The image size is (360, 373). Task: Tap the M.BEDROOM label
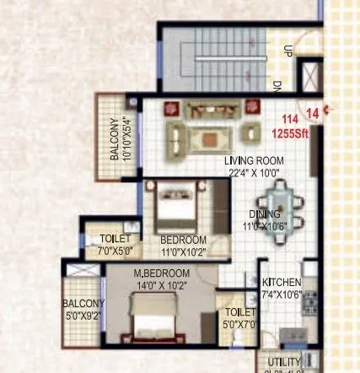pyautogui.click(x=162, y=273)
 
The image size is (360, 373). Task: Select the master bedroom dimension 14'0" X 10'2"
pyautogui.click(x=162, y=285)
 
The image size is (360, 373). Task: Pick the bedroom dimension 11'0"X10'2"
pyautogui.click(x=184, y=251)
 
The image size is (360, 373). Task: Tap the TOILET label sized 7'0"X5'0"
pyautogui.click(x=115, y=240)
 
